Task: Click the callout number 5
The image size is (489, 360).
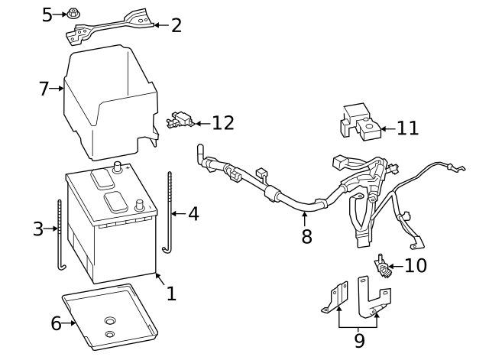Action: point(47,15)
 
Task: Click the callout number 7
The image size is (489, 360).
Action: point(44,89)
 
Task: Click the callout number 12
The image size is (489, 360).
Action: point(222,122)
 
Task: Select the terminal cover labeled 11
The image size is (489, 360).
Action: point(358,122)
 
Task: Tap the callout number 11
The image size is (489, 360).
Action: point(408,128)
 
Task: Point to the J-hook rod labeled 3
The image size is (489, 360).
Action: point(60,233)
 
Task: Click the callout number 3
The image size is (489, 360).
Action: point(38,229)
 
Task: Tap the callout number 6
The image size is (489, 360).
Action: point(56,323)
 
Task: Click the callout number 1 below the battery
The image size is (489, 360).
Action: point(171,293)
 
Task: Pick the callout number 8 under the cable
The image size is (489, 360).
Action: point(306,237)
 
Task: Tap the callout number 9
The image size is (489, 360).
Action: point(359,339)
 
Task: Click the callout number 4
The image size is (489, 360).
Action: point(193,213)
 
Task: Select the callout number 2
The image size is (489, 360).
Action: point(176,25)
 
